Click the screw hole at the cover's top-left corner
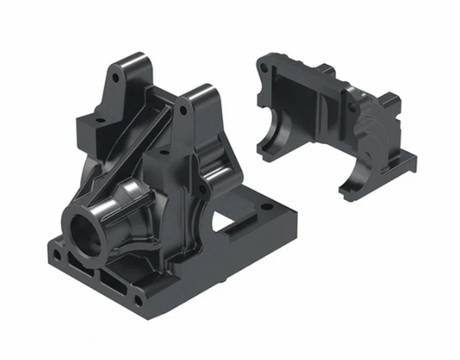(263, 69)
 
